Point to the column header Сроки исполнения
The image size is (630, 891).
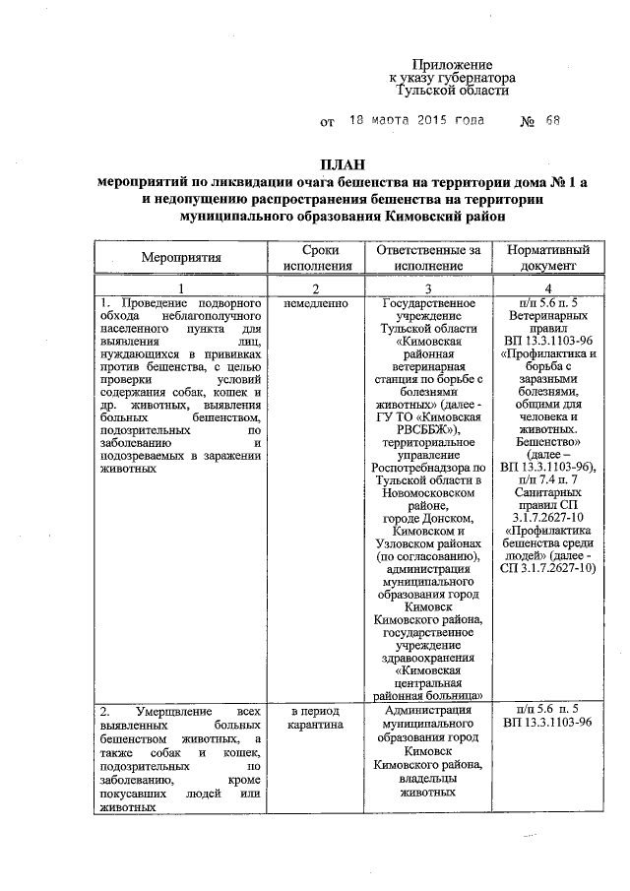(315, 258)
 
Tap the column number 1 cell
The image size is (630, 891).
(179, 286)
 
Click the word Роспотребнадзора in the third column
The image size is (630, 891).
(427, 466)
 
